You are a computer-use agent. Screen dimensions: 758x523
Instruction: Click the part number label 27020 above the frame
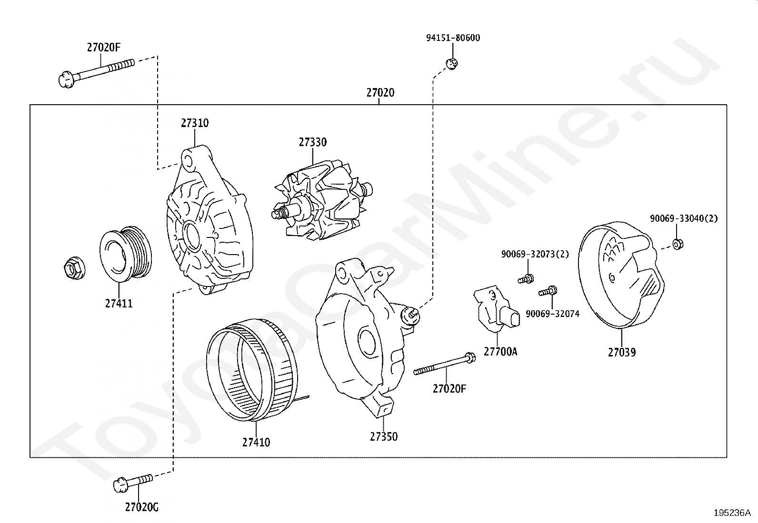[x=380, y=92]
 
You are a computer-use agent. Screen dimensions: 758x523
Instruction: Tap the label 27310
[x=195, y=123]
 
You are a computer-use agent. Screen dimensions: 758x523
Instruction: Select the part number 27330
[x=313, y=142]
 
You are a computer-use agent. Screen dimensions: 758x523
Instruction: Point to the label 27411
[x=119, y=304]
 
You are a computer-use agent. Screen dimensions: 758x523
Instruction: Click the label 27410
[x=256, y=442]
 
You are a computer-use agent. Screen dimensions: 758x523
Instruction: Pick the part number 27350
[x=384, y=436]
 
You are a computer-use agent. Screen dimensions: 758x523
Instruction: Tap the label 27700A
[x=500, y=352]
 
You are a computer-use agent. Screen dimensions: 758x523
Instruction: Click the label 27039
[x=622, y=352]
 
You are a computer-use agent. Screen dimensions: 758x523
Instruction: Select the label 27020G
[x=142, y=507]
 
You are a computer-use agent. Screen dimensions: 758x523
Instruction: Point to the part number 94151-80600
[x=453, y=38]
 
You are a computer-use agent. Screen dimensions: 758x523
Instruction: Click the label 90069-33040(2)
[x=684, y=218]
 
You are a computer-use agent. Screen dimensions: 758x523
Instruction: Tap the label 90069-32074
[x=553, y=314]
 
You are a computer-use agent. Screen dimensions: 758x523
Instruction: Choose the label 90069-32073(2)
[x=535, y=254]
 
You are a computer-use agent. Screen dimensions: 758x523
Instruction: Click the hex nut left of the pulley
[x=74, y=268]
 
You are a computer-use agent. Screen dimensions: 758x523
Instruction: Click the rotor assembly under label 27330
[x=322, y=202]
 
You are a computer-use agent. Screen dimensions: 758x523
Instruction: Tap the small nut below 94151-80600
[x=452, y=64]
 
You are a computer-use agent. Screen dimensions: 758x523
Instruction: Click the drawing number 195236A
[x=732, y=513]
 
